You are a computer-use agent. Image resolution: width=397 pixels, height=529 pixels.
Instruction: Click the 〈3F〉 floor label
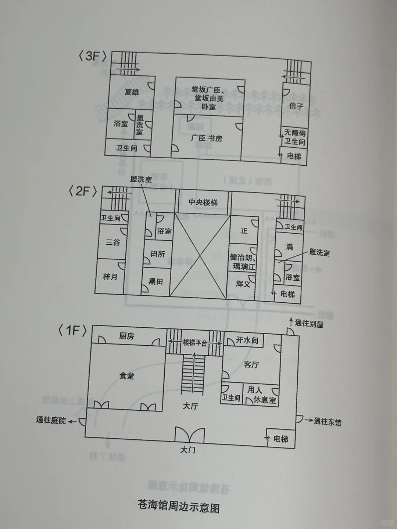[93, 56]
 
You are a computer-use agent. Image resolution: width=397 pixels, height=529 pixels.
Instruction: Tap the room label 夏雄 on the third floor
[132, 92]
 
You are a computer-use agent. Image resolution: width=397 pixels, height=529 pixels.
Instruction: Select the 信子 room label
[296, 106]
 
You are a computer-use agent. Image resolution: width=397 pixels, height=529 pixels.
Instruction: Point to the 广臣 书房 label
[207, 138]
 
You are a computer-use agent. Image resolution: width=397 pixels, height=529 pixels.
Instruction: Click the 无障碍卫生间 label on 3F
[295, 137]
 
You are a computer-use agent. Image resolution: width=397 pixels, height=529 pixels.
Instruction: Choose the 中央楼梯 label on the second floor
[203, 202]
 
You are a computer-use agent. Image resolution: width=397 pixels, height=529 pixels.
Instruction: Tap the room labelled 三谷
[113, 242]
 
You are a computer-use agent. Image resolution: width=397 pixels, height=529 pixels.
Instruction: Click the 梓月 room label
[110, 277]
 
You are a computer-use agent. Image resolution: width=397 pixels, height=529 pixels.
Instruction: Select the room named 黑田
[155, 282]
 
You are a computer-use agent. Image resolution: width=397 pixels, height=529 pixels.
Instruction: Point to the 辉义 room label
[243, 284]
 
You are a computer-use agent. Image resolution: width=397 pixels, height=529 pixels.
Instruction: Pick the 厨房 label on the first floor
[126, 336]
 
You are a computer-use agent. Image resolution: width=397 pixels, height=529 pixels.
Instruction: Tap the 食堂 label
[126, 376]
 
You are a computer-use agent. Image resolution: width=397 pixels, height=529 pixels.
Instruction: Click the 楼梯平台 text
[195, 343]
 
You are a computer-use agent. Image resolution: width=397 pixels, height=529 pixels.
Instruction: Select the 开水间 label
[247, 340]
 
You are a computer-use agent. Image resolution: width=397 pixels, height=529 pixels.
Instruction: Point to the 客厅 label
[251, 364]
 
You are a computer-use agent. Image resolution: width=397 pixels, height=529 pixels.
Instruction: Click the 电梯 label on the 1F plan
[281, 439]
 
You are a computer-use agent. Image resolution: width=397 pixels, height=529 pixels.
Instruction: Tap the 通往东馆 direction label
[328, 422]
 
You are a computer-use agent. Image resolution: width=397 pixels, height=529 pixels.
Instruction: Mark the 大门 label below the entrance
[187, 450]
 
